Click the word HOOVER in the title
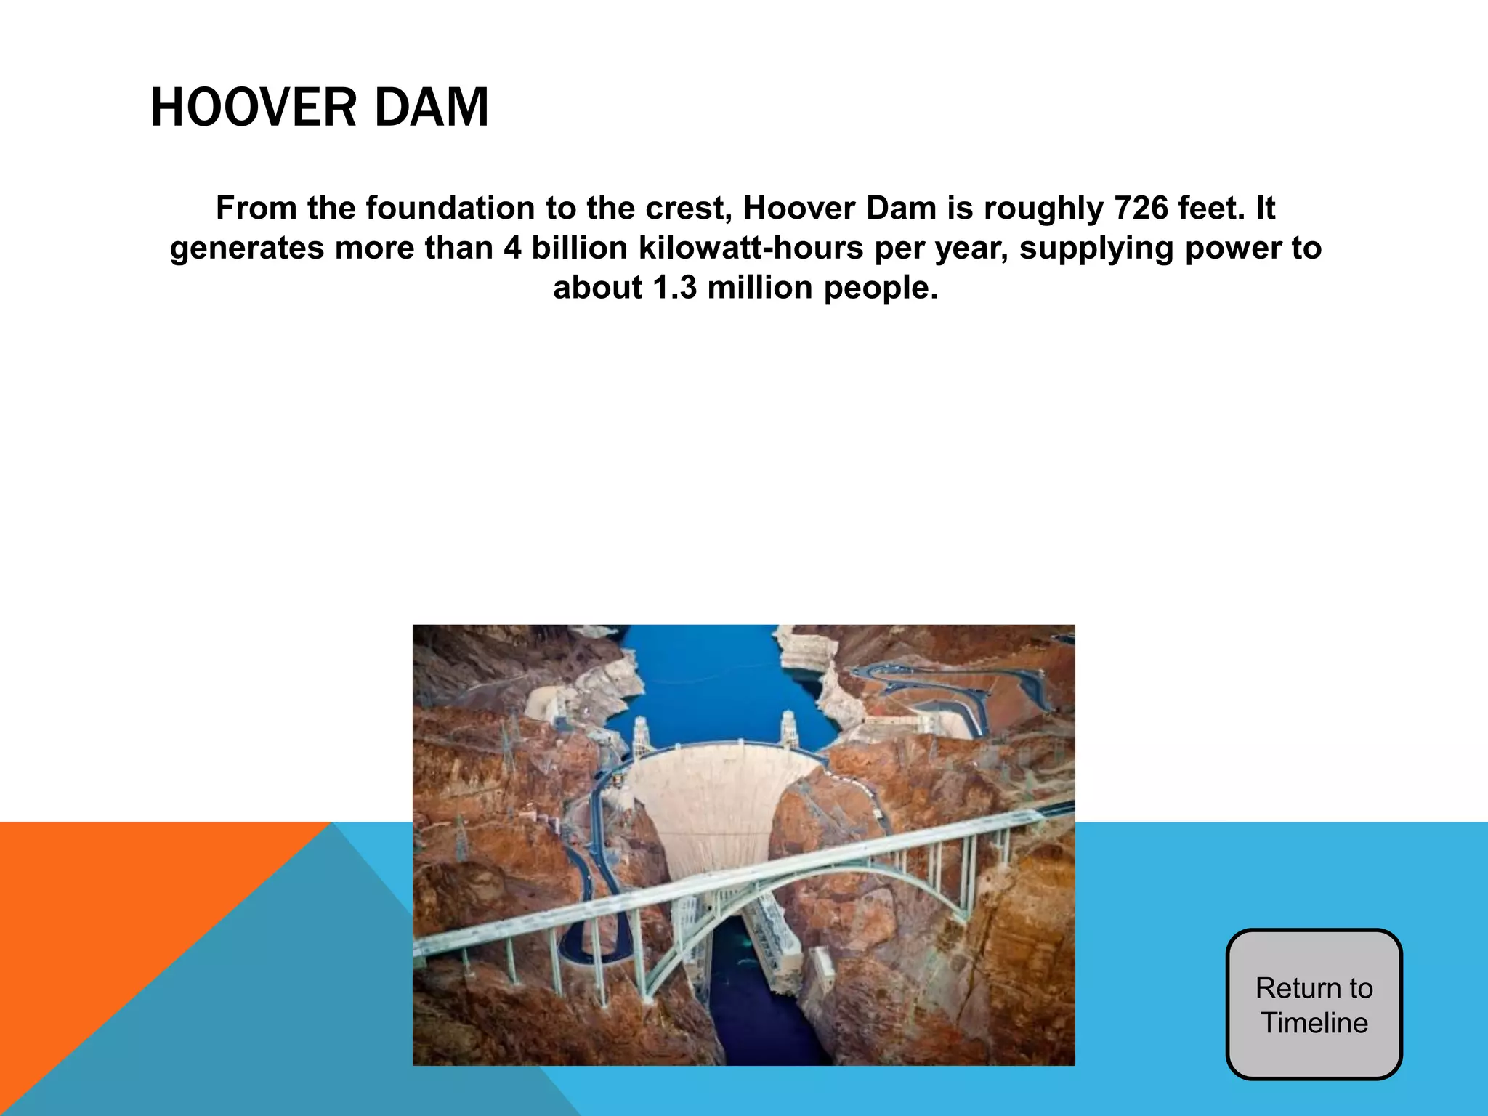click(x=251, y=108)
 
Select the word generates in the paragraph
click(x=247, y=248)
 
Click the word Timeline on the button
click(x=1314, y=1023)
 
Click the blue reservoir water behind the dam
click(x=697, y=676)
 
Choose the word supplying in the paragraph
click(x=1096, y=248)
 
